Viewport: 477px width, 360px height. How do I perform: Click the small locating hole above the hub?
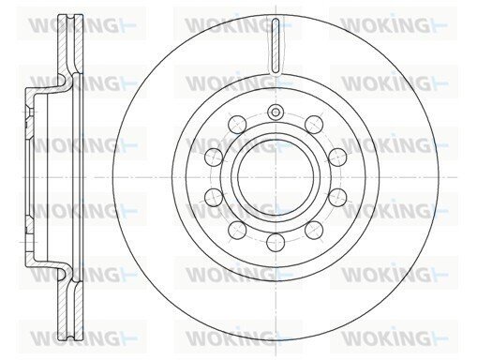(276, 112)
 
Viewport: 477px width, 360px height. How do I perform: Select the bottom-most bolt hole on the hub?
(276, 242)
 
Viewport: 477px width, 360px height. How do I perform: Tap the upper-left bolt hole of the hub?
(237, 125)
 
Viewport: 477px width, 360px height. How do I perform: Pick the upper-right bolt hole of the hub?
(314, 124)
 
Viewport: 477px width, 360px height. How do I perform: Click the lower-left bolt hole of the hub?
(237, 230)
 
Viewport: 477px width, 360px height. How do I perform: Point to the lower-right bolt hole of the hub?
(314, 231)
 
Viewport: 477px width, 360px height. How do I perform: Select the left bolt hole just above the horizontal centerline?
(214, 157)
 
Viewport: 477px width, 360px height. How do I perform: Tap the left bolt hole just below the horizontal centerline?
(214, 197)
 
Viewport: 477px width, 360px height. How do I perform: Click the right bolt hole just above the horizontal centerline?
(337, 157)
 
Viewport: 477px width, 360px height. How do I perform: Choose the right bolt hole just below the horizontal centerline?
(337, 197)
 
